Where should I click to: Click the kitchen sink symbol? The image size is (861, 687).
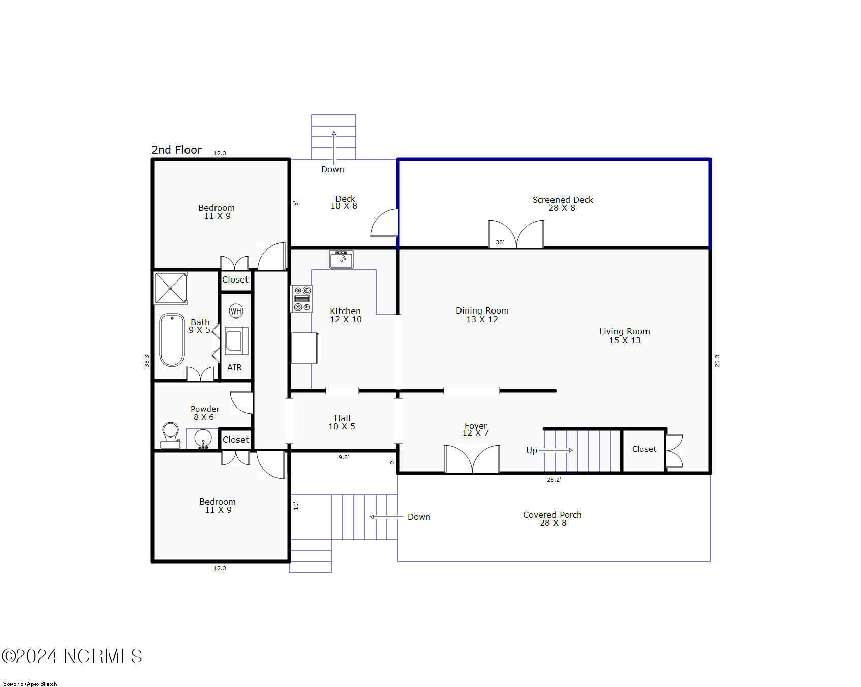(341, 260)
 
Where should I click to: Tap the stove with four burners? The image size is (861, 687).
(302, 299)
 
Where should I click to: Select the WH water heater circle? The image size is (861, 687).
(236, 311)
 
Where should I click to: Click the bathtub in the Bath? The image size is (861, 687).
(172, 339)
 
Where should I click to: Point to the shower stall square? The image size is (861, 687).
(170, 288)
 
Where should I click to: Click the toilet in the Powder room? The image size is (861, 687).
(170, 435)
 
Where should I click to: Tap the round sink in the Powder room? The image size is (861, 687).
(203, 438)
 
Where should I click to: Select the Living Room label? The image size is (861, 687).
(624, 336)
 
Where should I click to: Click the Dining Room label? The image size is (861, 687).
(482, 315)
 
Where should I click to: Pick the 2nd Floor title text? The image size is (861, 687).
(176, 150)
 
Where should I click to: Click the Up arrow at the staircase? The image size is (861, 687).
(556, 450)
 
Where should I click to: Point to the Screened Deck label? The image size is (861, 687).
(562, 204)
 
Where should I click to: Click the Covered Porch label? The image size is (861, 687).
(552, 519)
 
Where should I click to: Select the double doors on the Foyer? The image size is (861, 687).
(472, 459)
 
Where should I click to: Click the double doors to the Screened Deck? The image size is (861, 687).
(516, 234)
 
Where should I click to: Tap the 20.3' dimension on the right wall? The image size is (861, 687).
(717, 360)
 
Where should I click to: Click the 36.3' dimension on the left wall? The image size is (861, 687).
(147, 360)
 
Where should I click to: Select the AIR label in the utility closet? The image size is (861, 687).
(234, 367)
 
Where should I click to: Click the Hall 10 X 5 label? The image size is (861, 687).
(342, 422)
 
